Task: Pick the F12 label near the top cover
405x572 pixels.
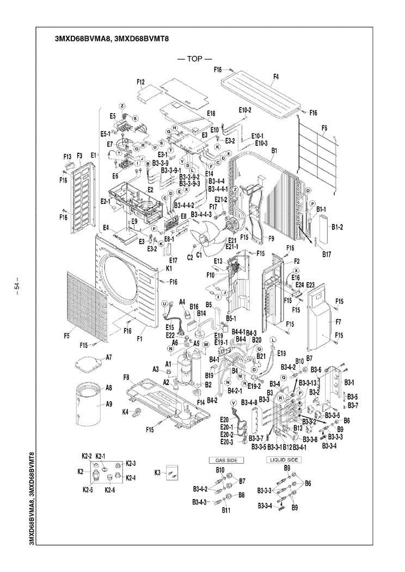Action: coord(141,82)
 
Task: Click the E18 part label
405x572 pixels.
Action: coord(211,114)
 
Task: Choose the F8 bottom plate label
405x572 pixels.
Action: coord(126,377)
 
